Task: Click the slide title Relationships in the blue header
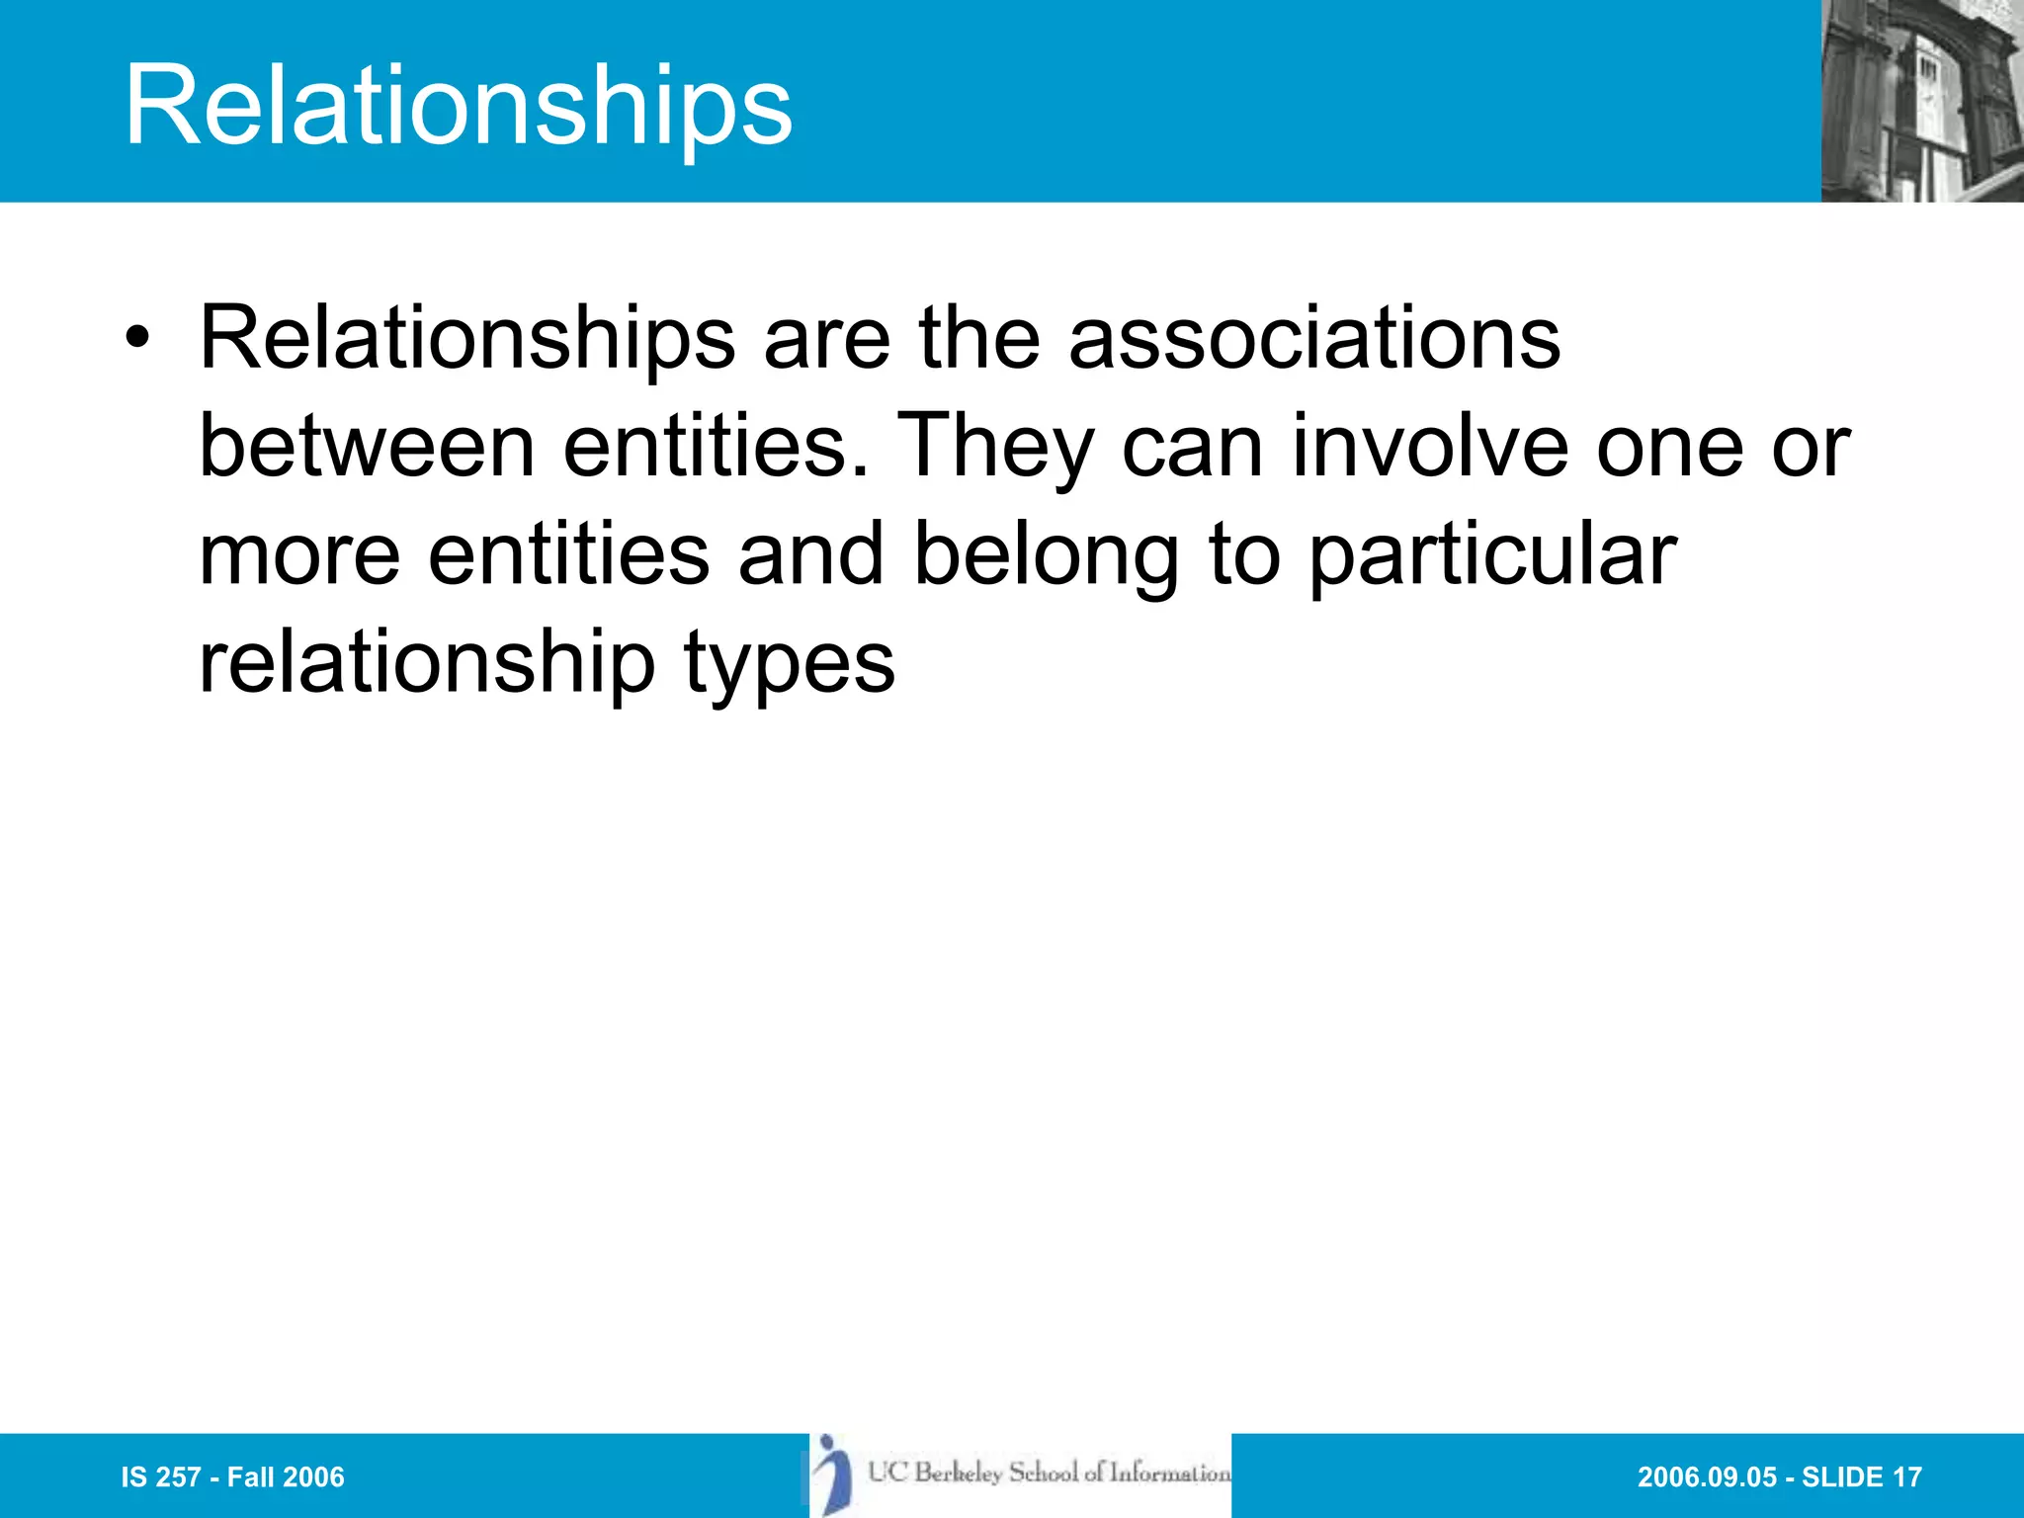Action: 458,105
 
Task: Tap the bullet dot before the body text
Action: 138,339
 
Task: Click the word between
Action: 367,447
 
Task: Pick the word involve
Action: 1430,447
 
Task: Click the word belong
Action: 1046,554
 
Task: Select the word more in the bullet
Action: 299,554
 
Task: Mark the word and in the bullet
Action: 810,554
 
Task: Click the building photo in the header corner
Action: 1921,101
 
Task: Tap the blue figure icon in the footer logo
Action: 834,1474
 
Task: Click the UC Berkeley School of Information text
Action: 1050,1473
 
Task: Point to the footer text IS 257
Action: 160,1477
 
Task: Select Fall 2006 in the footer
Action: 286,1477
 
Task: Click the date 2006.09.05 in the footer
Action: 1707,1477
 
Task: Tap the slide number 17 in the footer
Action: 1906,1477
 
